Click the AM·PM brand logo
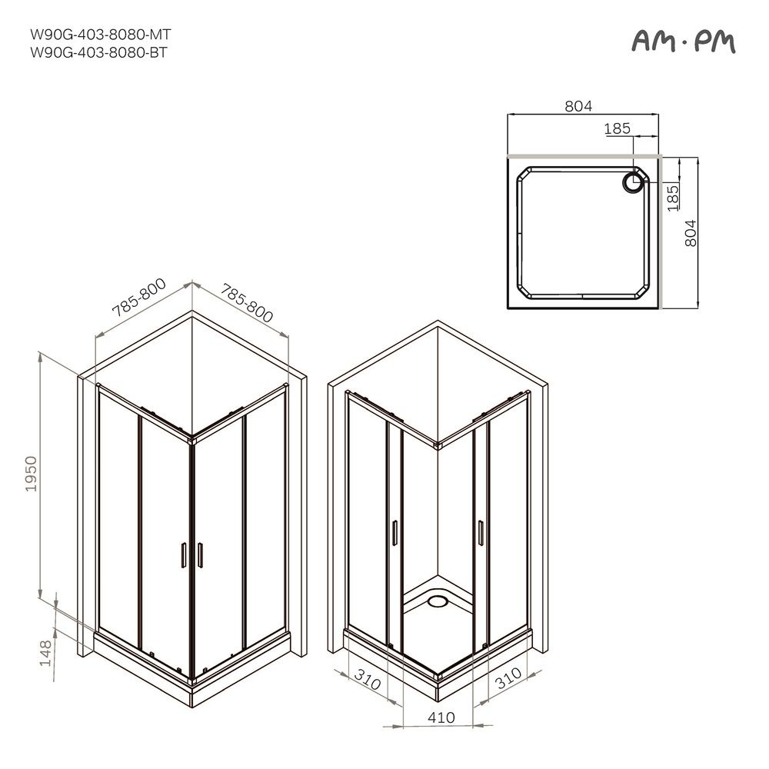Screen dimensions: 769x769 pyautogui.click(x=684, y=42)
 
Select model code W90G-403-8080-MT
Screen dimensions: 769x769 pyautogui.click(x=101, y=35)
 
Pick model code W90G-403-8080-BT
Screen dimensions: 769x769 pyautogui.click(x=98, y=52)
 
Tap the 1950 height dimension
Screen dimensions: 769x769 pyautogui.click(x=32, y=474)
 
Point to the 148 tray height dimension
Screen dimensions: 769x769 pyautogui.click(x=45, y=653)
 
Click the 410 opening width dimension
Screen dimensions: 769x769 pyautogui.click(x=441, y=717)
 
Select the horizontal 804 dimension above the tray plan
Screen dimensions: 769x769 pyautogui.click(x=578, y=106)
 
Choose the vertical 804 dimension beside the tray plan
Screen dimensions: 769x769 pyautogui.click(x=690, y=233)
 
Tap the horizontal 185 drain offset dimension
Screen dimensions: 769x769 pyautogui.click(x=617, y=128)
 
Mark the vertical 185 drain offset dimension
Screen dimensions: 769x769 pyautogui.click(x=673, y=198)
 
